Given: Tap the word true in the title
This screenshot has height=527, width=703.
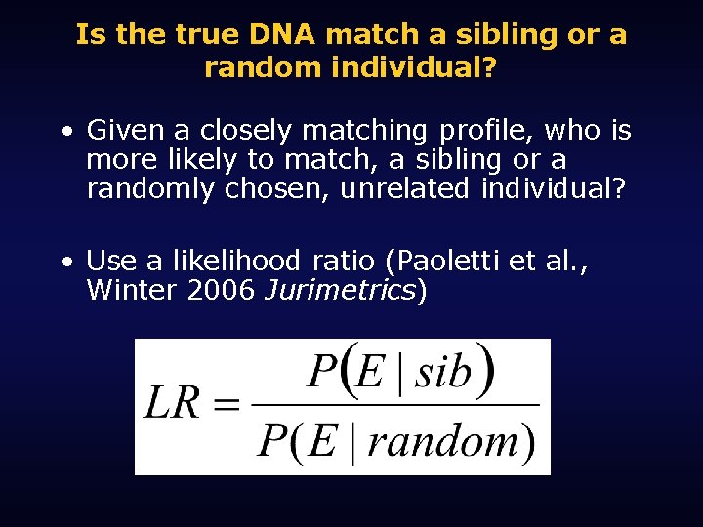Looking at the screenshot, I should pyautogui.click(x=209, y=36).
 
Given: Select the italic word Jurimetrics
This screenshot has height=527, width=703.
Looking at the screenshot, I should pyautogui.click(x=340, y=290).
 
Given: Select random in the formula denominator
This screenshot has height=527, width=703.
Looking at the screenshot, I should pyautogui.click(x=441, y=442).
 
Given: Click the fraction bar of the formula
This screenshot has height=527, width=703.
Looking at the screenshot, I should pyautogui.click(x=395, y=404).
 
